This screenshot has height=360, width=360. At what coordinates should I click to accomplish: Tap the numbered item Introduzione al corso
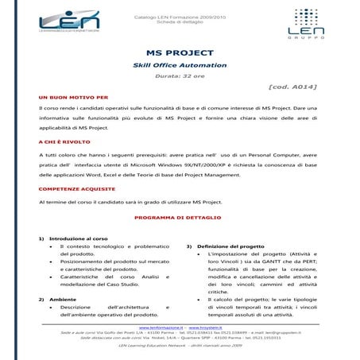[x=78, y=238]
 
